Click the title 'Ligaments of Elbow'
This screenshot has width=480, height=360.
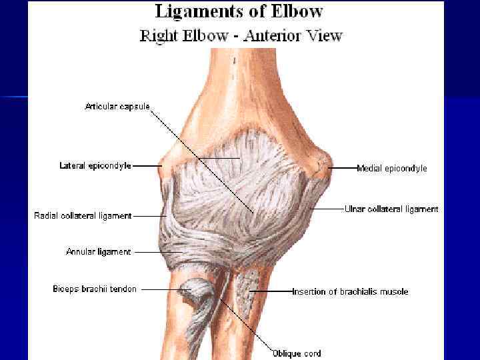click(x=239, y=12)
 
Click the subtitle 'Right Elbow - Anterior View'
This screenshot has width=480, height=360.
click(x=241, y=35)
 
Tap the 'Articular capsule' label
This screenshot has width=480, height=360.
click(x=117, y=106)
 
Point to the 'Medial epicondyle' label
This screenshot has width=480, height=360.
click(x=392, y=169)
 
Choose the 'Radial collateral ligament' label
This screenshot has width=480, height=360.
click(x=83, y=215)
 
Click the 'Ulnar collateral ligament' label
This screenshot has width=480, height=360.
click(x=391, y=209)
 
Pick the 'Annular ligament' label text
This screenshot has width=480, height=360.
click(x=99, y=252)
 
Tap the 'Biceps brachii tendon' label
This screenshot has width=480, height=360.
click(x=95, y=289)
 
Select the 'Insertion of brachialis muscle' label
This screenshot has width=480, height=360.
click(x=351, y=291)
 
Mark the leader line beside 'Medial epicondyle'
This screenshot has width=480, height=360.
click(x=344, y=169)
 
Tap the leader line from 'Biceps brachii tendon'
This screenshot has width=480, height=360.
click(x=160, y=289)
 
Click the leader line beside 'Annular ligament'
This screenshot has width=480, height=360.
click(x=147, y=252)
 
